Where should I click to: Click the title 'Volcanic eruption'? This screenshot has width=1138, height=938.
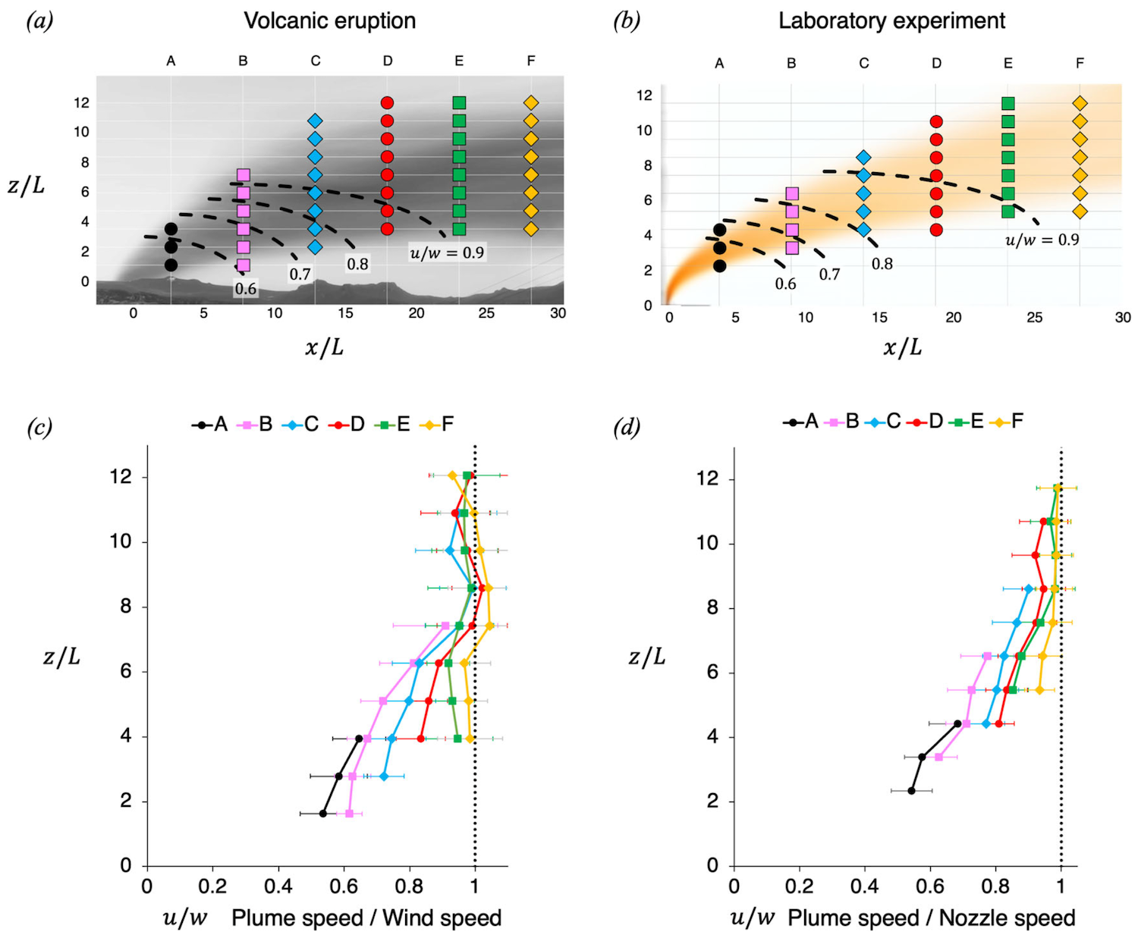(329, 20)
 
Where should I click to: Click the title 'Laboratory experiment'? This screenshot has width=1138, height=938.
(891, 20)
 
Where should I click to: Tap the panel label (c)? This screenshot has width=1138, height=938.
(39, 428)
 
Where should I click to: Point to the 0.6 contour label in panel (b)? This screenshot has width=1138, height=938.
(785, 284)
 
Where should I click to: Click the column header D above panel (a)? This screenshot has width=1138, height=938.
(387, 61)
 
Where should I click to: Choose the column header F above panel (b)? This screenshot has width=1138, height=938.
(1080, 63)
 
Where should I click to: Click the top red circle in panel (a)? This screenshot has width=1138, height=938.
(387, 102)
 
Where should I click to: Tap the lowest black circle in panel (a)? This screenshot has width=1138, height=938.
(171, 265)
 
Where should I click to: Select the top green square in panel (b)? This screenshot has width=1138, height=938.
(1008, 103)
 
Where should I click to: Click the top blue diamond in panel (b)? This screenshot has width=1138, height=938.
(863, 158)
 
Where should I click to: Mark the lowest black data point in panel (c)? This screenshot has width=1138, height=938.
(322, 814)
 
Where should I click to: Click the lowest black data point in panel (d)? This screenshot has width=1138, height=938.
(911, 791)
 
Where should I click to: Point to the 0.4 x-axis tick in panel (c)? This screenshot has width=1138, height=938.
(278, 886)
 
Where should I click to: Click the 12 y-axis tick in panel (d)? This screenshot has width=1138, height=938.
(707, 479)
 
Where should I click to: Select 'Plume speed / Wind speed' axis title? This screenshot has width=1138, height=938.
(366, 918)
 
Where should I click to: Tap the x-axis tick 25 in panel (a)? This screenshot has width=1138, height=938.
(486, 313)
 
